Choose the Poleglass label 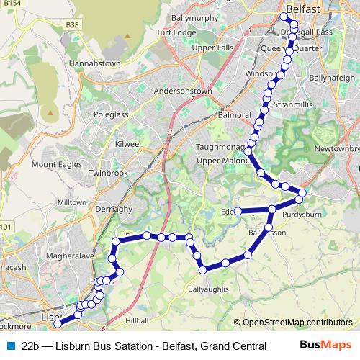click(112, 115)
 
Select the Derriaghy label click(107, 207)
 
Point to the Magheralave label click(65, 256)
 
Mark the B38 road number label click(72, 24)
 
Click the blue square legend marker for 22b click(11, 346)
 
